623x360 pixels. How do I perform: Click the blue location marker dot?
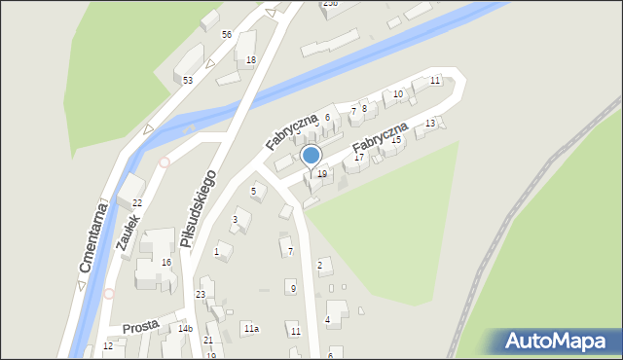pos(311,156)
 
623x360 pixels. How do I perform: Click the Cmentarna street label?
pos(90,237)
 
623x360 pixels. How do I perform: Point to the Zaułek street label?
pos(128,234)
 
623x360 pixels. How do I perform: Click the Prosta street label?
pos(140,328)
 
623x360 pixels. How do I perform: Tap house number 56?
pos(226,34)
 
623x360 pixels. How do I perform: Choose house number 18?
pos(251,60)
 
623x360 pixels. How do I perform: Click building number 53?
pos(187,80)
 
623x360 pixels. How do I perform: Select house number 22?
pos(137,202)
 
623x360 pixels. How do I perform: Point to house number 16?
pos(166,263)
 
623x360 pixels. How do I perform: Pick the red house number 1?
pos(216,251)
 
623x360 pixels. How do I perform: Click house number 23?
pos(201,294)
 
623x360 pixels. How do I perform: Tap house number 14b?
pos(185,329)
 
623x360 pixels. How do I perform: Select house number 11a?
pos(251,329)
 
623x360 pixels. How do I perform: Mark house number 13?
pos(430,124)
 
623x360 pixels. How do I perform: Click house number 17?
pos(359,157)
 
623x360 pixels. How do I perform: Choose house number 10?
pos(398,93)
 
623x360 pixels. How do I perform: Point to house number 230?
pos(330,4)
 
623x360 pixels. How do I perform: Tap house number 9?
pos(293,288)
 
